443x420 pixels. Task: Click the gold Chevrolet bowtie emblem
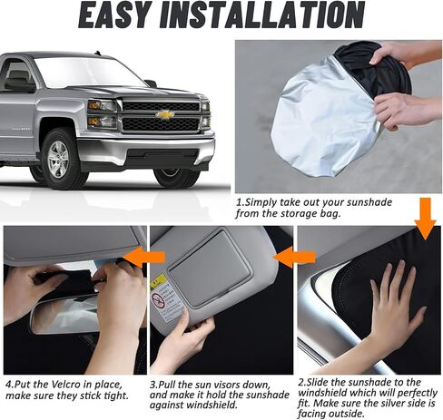coord(165,114)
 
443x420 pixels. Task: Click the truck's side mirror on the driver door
coord(20,85)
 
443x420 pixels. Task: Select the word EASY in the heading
coord(115,15)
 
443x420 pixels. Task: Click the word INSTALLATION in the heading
coord(262,15)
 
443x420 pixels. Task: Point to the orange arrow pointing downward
coord(425,219)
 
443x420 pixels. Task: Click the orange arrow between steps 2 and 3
coord(294,257)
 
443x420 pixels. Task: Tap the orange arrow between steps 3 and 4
coord(144,257)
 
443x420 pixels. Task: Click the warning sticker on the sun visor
coord(165,298)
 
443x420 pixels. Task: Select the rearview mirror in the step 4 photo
coord(65,316)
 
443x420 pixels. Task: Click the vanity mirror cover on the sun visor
coord(209,264)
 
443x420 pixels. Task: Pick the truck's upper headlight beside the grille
coord(102,105)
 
